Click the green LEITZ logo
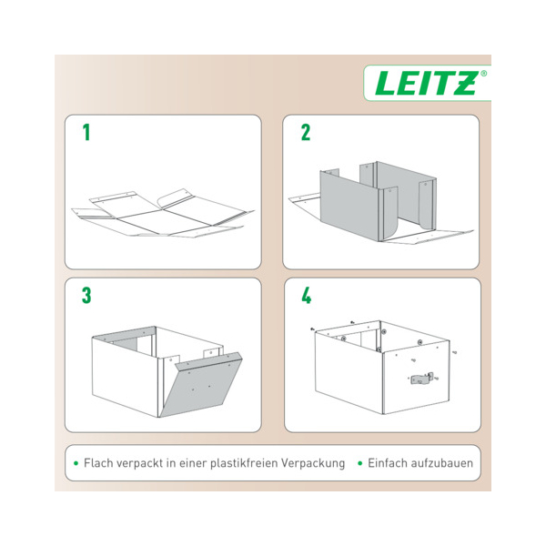[x=426, y=83]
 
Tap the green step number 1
[x=86, y=133]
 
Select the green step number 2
[x=306, y=133]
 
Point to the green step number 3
[x=86, y=296]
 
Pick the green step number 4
[x=306, y=296]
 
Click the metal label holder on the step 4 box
[x=422, y=379]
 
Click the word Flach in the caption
[x=98, y=463]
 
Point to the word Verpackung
[x=313, y=463]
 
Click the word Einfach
[x=388, y=463]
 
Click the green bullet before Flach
[x=76, y=463]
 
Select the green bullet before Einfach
[x=360, y=463]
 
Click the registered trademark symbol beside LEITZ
[x=483, y=74]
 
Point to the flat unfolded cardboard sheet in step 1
[x=163, y=214]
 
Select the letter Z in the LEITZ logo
[x=465, y=83]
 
